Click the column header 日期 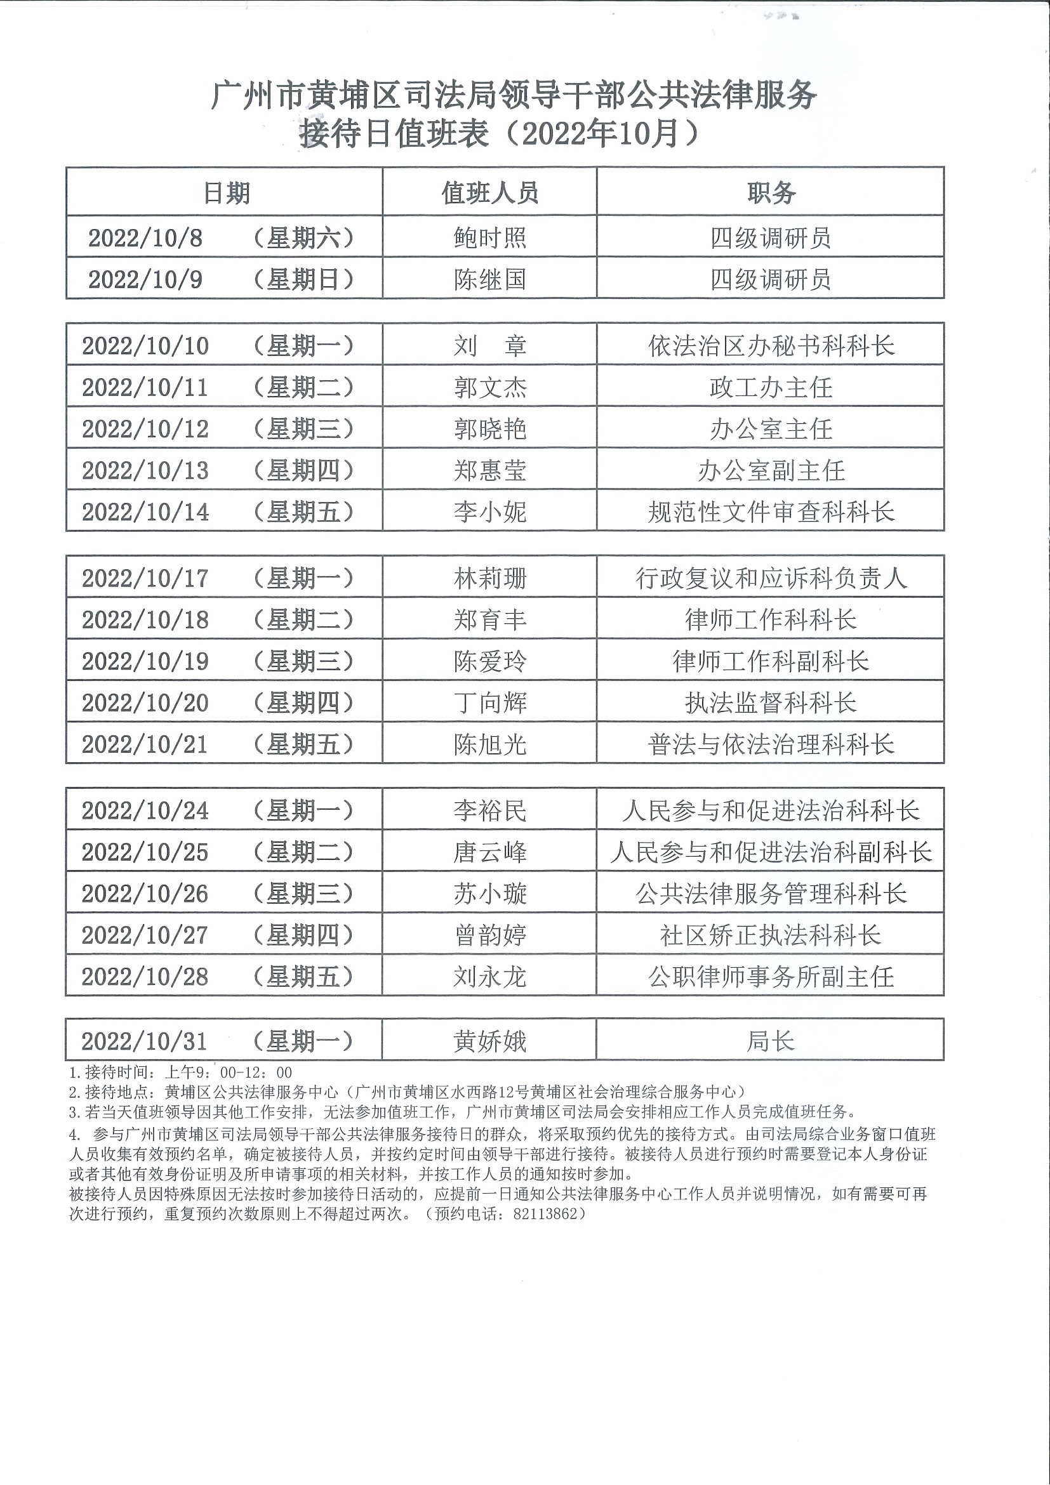(x=226, y=193)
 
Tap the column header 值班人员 (x=489, y=193)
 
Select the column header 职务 (x=771, y=193)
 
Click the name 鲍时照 (x=489, y=238)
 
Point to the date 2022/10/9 (x=145, y=279)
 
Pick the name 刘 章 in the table (x=489, y=345)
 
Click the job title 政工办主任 (x=771, y=387)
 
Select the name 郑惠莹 (x=489, y=470)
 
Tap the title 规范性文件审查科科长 (x=771, y=511)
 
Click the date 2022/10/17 (x=145, y=578)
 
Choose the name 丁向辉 (x=489, y=703)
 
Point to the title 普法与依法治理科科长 (x=771, y=744)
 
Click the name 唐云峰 (x=489, y=852)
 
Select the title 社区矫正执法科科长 (x=771, y=935)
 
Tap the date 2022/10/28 (x=145, y=976)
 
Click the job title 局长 (x=771, y=1041)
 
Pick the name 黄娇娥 (x=489, y=1041)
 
